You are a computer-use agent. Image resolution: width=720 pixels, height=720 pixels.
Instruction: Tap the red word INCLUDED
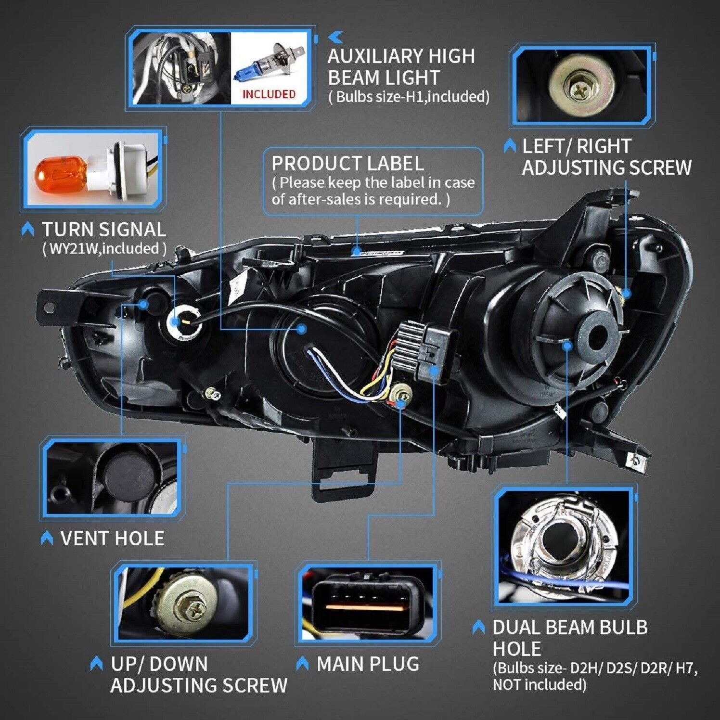(269, 93)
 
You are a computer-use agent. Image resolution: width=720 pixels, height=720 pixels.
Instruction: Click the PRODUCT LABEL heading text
(347, 164)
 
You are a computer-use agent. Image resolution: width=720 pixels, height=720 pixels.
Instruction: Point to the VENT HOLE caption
(112, 538)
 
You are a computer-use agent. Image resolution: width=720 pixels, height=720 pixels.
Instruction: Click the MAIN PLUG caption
(368, 664)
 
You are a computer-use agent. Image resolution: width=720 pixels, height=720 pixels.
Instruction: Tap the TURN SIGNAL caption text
(103, 230)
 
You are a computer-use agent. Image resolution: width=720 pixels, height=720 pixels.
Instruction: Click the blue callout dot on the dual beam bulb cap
(566, 345)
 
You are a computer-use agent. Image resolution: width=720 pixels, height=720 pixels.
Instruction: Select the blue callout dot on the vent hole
(143, 304)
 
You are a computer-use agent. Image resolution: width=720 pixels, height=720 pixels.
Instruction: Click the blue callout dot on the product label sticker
(356, 251)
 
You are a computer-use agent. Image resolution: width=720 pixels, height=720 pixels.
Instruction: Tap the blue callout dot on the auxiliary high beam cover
(301, 329)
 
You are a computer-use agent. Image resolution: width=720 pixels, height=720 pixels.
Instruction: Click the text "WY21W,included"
(104, 249)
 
